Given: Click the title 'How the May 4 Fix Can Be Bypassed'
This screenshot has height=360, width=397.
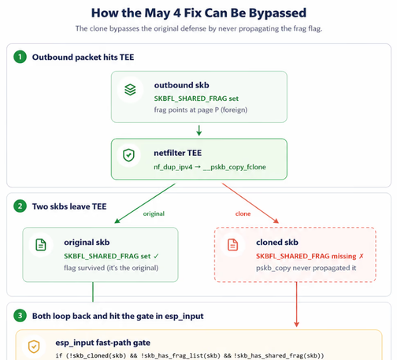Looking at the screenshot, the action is click(x=198, y=13).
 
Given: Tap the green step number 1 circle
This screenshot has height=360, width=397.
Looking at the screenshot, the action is click(x=20, y=57).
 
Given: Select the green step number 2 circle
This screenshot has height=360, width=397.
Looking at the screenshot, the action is click(x=20, y=206).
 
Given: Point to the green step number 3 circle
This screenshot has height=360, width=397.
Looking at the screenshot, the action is click(x=20, y=316).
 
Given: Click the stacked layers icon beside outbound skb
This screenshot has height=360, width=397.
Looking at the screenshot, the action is click(x=130, y=90).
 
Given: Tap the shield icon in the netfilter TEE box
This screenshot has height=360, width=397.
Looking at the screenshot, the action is click(x=128, y=155).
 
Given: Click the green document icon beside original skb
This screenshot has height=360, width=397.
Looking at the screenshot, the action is click(x=41, y=245).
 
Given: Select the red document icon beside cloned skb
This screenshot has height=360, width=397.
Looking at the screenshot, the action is click(x=233, y=245).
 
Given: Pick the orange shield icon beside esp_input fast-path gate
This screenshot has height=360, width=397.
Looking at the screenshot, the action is click(x=34, y=347).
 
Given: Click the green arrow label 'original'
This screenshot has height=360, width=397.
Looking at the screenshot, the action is click(x=154, y=213).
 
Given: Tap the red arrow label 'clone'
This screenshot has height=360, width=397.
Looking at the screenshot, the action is click(x=243, y=213).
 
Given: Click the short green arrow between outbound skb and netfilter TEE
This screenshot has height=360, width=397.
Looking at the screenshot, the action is click(x=199, y=131).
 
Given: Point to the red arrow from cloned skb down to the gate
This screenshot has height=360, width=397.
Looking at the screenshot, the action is click(x=297, y=305).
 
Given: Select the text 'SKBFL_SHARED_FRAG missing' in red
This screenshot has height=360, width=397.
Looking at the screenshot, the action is click(x=306, y=256).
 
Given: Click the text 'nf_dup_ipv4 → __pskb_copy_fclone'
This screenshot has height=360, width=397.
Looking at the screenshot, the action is click(x=210, y=167).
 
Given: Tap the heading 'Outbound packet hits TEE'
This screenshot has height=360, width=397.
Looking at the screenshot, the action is click(x=83, y=58).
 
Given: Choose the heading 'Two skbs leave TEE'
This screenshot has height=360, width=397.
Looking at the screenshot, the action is click(x=69, y=206).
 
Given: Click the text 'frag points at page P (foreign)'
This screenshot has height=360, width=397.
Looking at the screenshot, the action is click(x=201, y=109).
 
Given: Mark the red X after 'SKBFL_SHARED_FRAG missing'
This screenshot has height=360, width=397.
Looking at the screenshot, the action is click(x=362, y=256).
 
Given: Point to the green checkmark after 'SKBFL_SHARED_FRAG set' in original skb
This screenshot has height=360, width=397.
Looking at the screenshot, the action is click(x=156, y=256).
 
